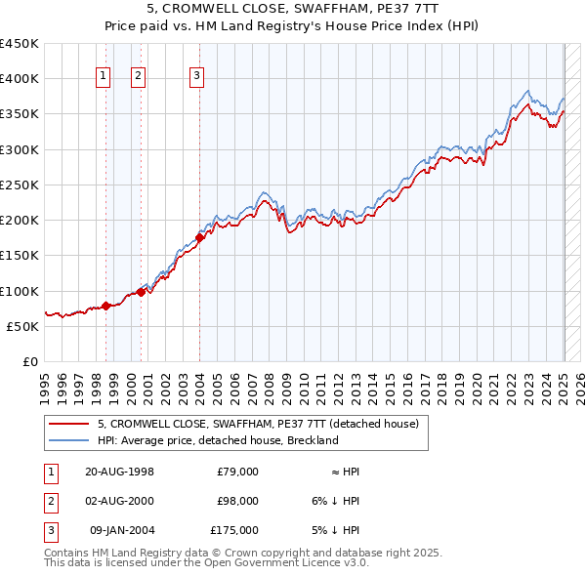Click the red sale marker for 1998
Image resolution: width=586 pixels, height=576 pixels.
click(x=106, y=306)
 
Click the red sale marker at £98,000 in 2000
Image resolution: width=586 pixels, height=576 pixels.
click(x=141, y=291)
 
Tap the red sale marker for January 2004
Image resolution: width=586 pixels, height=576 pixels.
click(x=199, y=237)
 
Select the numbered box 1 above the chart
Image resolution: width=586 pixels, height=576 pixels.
click(x=104, y=77)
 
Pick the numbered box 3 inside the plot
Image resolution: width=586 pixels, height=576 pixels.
click(x=196, y=77)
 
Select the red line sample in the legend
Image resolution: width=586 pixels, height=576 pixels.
click(x=67, y=424)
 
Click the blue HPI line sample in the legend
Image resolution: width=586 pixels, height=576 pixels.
click(x=67, y=440)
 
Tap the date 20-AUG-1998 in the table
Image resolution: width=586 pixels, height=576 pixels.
click(x=119, y=472)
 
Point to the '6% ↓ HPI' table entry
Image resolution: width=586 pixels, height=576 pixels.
click(x=337, y=501)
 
